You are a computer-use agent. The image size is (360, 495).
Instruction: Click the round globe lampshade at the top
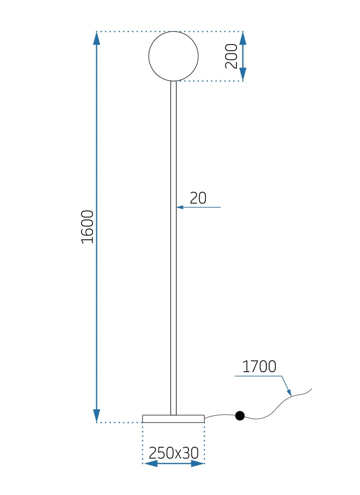coord(173,56)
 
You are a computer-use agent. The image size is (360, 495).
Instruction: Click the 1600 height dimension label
coord(87,227)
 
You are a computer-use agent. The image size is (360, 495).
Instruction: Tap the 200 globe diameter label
coord(231,56)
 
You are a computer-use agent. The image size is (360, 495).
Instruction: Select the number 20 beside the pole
coord(198,198)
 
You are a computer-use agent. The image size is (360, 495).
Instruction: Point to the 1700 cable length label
coord(259,367)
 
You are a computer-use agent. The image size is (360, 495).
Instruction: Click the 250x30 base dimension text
coord(173,453)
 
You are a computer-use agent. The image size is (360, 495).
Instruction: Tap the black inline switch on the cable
coord(240,416)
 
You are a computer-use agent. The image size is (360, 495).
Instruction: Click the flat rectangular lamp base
coord(173,419)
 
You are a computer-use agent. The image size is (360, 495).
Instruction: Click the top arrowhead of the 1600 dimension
coord(97,38)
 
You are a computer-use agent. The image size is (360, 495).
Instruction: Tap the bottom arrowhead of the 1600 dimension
coord(97,416)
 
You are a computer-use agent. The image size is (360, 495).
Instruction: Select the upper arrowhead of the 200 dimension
coord(243,38)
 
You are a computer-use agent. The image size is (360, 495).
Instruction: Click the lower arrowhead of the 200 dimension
coord(243,74)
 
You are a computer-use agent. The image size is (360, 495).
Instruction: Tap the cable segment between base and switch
coord(220,415)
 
